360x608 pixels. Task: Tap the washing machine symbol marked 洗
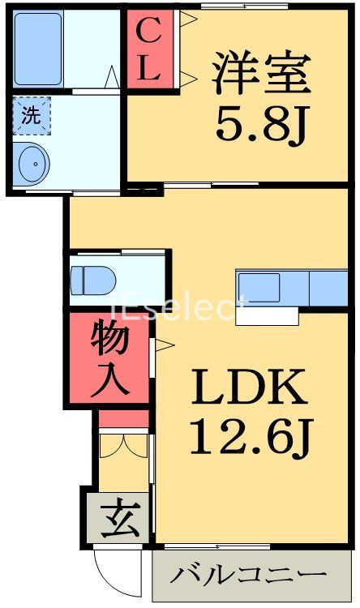coord(31,114)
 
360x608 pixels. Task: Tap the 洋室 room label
coord(261,75)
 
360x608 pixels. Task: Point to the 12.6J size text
coord(250,439)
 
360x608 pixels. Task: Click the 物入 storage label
coord(109,358)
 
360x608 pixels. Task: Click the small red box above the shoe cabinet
coord(124,418)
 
